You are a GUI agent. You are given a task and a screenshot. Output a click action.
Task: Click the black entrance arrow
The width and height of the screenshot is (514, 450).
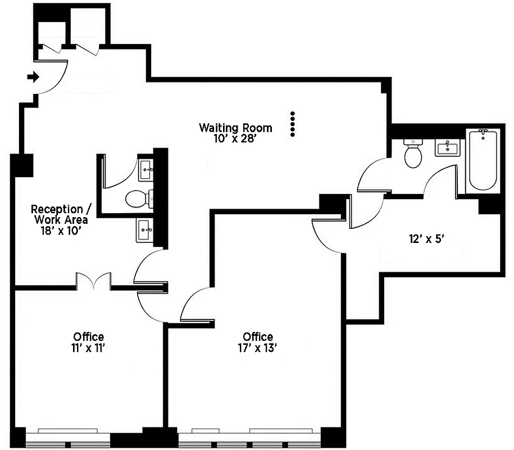(34, 77)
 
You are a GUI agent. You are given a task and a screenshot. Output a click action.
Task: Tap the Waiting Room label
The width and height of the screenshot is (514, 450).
(235, 128)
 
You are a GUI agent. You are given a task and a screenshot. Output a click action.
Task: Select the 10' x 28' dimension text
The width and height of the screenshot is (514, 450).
(235, 138)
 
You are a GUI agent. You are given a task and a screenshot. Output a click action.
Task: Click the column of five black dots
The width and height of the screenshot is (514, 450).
(292, 124)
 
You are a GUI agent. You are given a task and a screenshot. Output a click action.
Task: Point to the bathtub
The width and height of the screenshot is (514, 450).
(483, 160)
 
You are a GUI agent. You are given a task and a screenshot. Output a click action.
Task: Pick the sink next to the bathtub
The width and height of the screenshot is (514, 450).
(448, 148)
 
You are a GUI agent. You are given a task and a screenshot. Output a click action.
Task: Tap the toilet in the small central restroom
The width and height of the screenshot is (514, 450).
(137, 198)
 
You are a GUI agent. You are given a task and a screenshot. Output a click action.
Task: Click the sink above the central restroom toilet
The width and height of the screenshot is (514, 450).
(145, 169)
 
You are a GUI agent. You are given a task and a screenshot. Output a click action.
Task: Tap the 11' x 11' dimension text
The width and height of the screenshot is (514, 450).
(88, 347)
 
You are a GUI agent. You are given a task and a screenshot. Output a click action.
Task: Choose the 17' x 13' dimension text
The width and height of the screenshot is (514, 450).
(258, 347)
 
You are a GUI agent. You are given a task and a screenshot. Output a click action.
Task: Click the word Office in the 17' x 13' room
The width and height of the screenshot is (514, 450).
(258, 336)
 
